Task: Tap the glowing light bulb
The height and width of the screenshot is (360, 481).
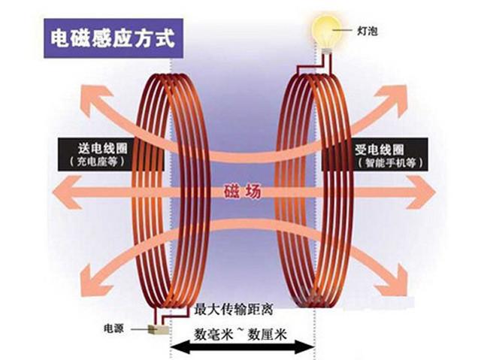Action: pos(325,29)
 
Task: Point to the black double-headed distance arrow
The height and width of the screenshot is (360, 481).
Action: pos(240,347)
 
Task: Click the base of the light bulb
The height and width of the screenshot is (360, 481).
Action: pos(326,50)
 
